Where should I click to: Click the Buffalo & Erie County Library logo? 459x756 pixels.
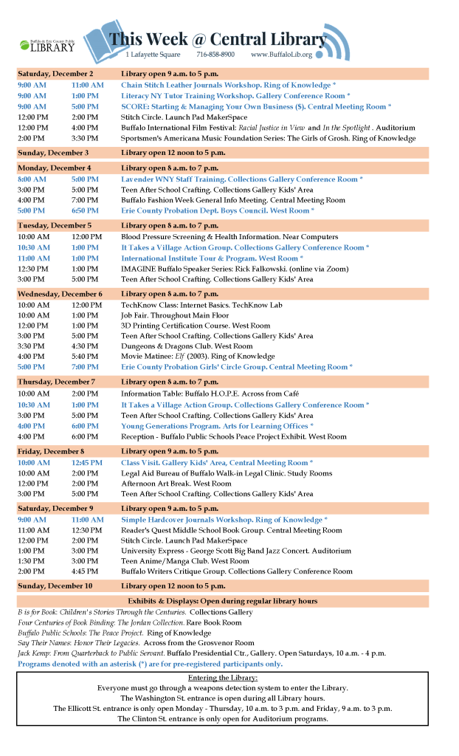pyautogui.click(x=47, y=46)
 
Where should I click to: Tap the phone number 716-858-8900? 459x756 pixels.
pyautogui.click(x=215, y=55)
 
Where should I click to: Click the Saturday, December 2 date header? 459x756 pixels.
pyautogui.click(x=55, y=75)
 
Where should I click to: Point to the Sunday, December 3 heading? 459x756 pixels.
pyautogui.click(x=53, y=153)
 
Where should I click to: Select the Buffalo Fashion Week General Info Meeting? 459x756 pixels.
pyautogui.click(x=232, y=200)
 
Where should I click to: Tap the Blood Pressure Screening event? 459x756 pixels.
pyautogui.click(x=229, y=237)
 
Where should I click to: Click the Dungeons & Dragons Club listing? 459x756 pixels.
pyautogui.click(x=187, y=346)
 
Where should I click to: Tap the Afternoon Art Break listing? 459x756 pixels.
pyautogui.click(x=176, y=484)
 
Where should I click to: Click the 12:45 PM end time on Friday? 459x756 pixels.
pyautogui.click(x=86, y=463)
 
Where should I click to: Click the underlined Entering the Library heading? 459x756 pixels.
pyautogui.click(x=222, y=678)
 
